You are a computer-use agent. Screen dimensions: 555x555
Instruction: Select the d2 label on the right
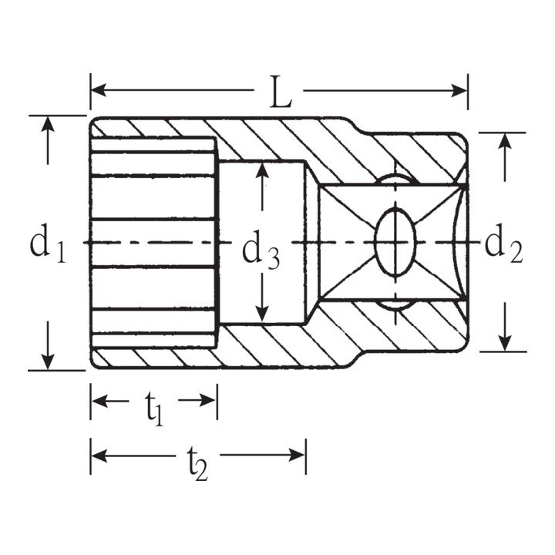(503, 245)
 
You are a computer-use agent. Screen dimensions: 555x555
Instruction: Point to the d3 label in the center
(261, 251)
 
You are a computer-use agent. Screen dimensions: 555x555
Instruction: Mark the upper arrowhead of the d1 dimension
(48, 124)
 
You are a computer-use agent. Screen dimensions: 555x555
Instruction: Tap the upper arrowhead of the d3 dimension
(262, 170)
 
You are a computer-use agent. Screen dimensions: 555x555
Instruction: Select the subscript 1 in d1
(59, 252)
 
